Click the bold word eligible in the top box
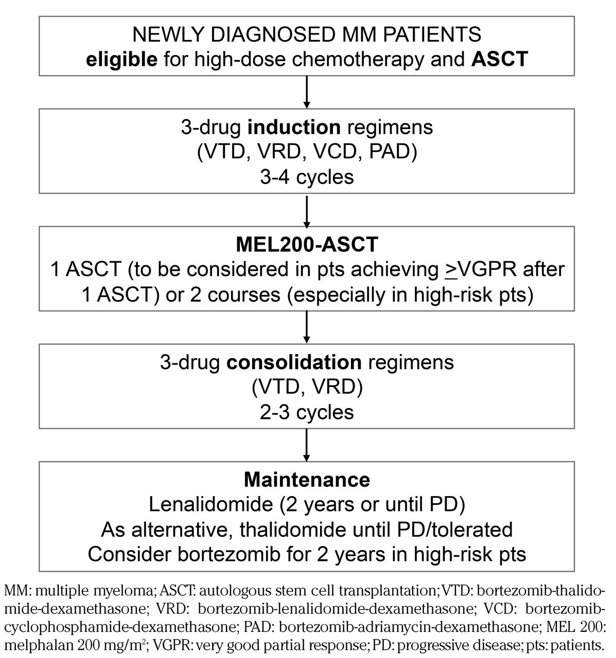[x=121, y=59]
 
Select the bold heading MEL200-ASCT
[x=307, y=244]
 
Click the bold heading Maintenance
[x=307, y=480]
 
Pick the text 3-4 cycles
[x=307, y=177]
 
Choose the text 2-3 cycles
[x=307, y=412]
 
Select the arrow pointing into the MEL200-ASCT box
[x=307, y=211]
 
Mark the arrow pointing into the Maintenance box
[x=307, y=445]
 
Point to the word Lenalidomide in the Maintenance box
[x=209, y=505]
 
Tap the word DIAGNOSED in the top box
[x=259, y=34]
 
